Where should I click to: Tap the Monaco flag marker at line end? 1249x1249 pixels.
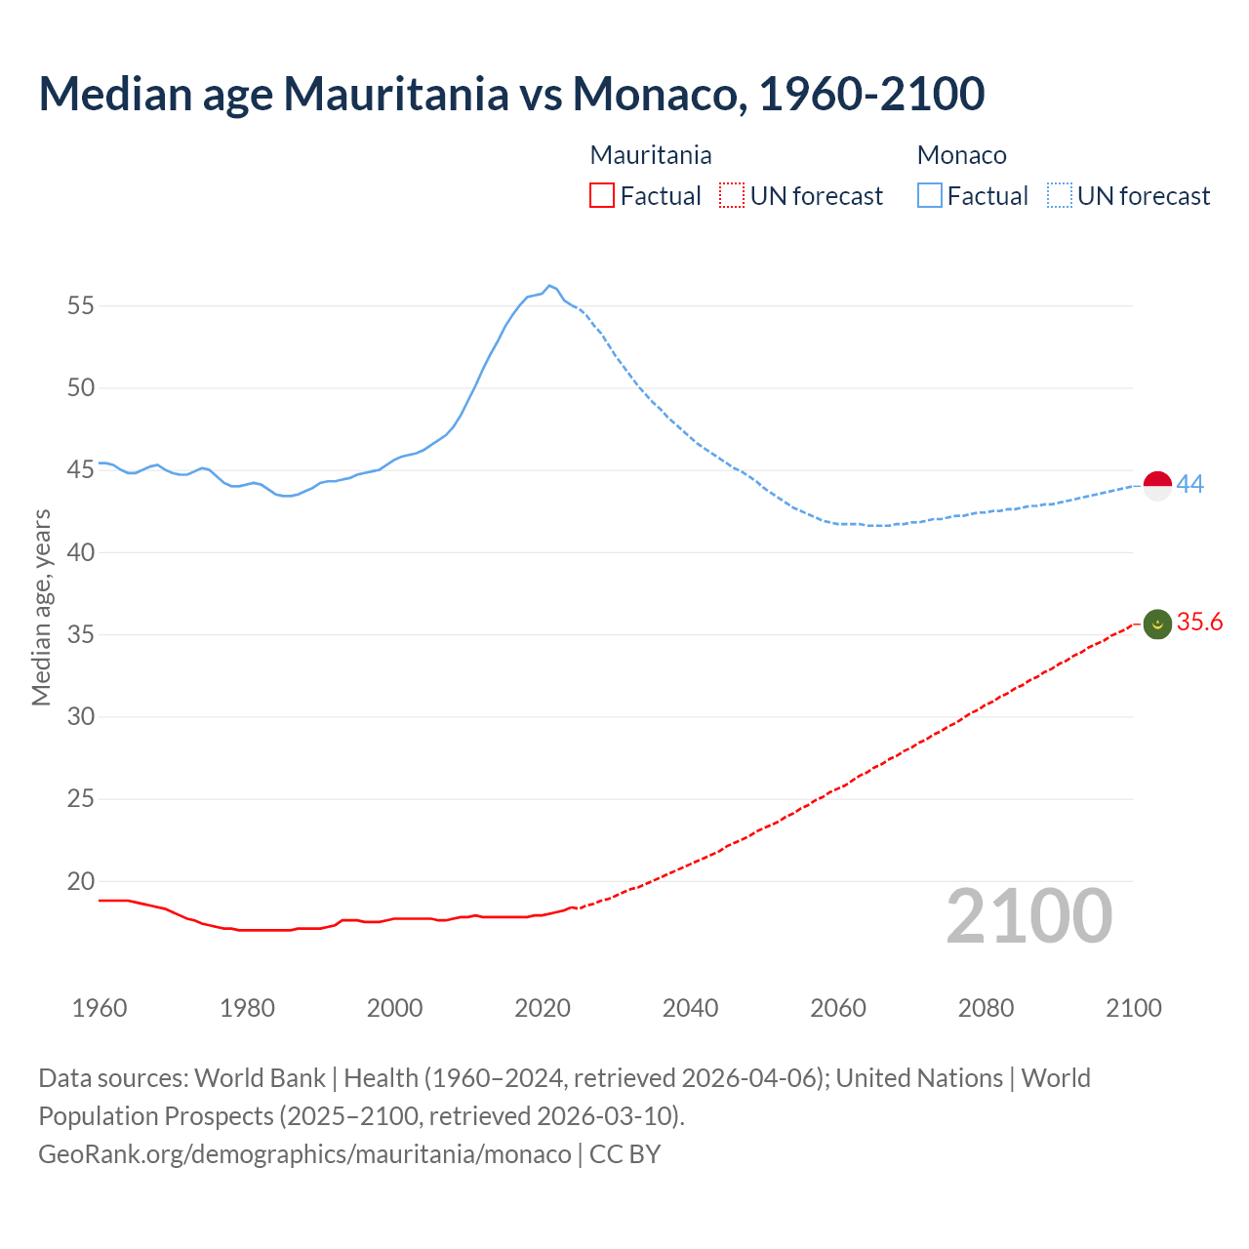(x=1156, y=485)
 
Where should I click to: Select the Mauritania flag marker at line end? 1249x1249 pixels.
(x=1156, y=624)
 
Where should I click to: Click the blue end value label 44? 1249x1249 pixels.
(x=1190, y=484)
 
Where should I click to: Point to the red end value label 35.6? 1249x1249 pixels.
(x=1199, y=623)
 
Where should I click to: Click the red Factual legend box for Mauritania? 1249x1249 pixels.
(x=602, y=196)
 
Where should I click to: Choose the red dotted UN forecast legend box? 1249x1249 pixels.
(x=732, y=196)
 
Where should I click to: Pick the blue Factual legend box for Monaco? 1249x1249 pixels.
(x=929, y=196)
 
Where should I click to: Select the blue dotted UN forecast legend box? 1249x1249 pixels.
(x=1059, y=196)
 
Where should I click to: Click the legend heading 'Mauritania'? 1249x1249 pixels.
(x=651, y=155)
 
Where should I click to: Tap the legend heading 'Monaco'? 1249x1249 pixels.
(x=961, y=155)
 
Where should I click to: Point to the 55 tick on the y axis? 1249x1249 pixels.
(x=81, y=305)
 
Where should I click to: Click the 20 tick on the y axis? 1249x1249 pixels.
(x=81, y=881)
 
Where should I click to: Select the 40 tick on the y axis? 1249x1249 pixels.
(x=81, y=552)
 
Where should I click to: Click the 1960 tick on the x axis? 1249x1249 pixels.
(x=100, y=1008)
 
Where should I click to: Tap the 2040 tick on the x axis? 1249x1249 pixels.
(x=690, y=1008)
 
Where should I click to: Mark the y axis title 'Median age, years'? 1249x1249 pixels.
(x=41, y=607)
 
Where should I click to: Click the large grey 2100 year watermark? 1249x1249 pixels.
(x=1028, y=916)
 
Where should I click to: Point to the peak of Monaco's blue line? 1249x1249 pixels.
(x=549, y=285)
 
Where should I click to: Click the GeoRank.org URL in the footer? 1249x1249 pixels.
(x=304, y=1154)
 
